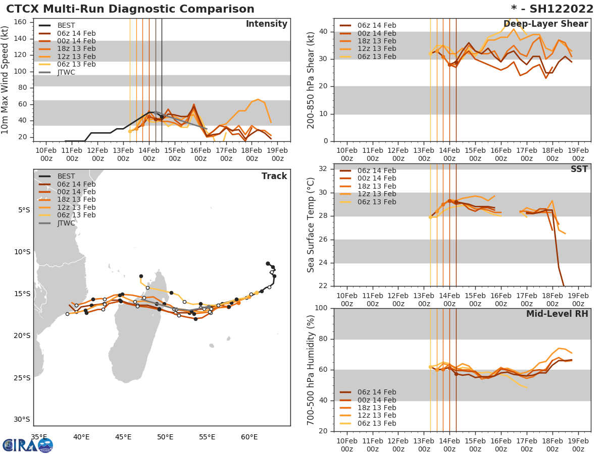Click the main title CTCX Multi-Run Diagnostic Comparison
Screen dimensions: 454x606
(130, 9)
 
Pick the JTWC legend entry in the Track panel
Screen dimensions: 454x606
(66, 223)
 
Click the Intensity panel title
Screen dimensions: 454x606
(266, 24)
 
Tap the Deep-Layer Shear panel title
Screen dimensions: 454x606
(545, 24)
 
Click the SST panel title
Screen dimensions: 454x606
(579, 169)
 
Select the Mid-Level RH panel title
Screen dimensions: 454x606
(557, 314)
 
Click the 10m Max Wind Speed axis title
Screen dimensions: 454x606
(6, 81)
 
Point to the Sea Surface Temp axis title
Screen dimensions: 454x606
(311, 225)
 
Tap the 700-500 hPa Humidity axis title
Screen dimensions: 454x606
(311, 370)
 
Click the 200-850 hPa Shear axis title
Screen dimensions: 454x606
(311, 80)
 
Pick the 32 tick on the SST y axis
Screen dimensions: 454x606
(323, 169)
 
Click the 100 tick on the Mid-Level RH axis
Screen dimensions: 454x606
(321, 308)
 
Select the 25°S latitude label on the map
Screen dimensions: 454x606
(22, 378)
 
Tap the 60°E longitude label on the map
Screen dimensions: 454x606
(249, 437)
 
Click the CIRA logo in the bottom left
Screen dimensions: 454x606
(27, 445)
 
